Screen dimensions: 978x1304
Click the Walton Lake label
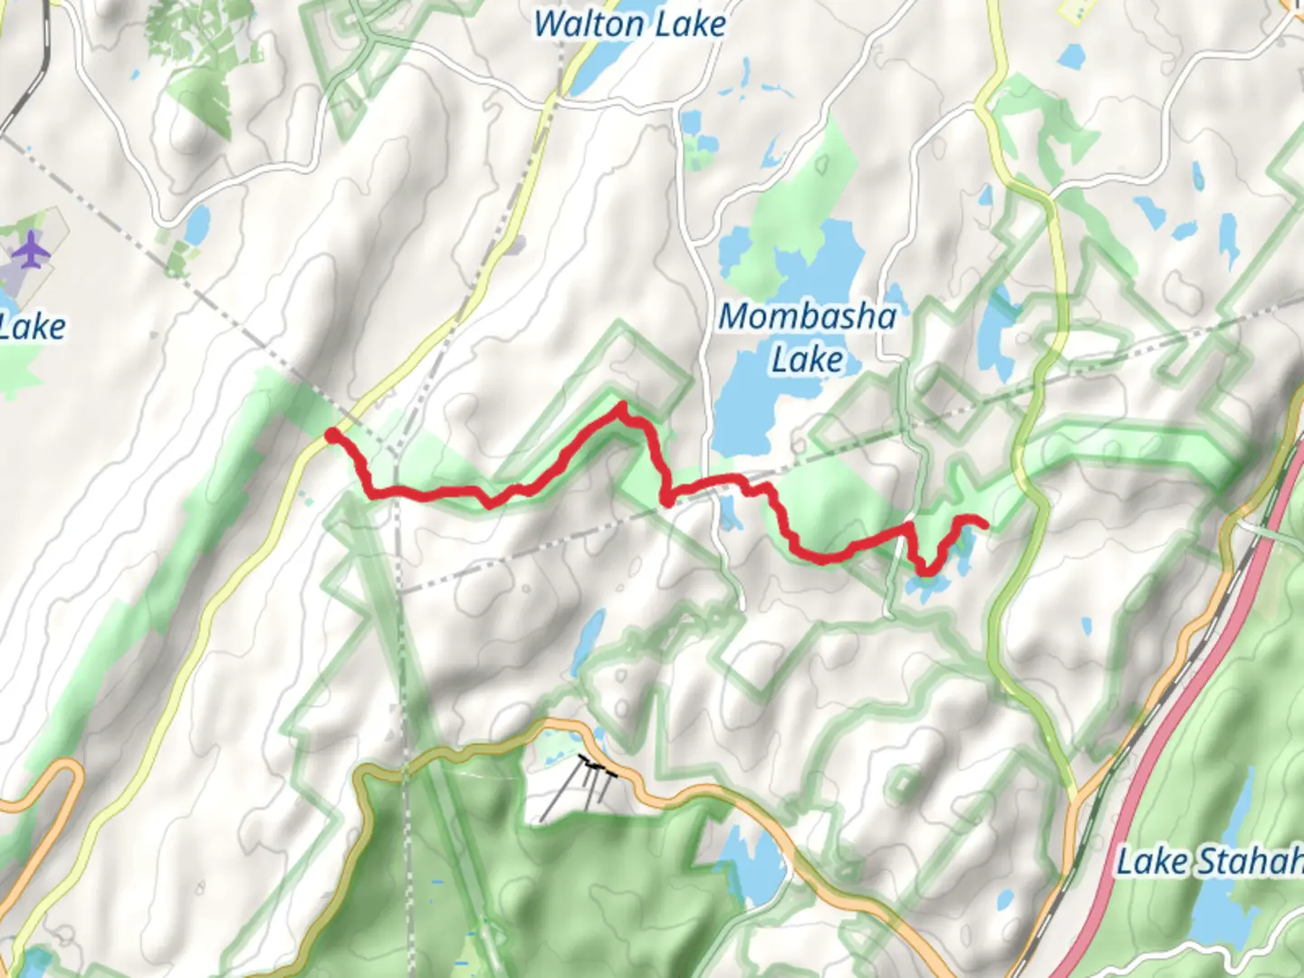(x=628, y=24)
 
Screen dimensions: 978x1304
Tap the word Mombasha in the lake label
(x=807, y=317)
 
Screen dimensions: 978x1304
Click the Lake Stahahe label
(x=1209, y=861)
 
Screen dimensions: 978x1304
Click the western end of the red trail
(x=331, y=436)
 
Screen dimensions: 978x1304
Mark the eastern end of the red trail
(x=983, y=523)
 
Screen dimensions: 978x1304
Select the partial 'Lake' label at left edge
(x=33, y=327)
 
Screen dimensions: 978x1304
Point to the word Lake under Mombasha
(x=807, y=360)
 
